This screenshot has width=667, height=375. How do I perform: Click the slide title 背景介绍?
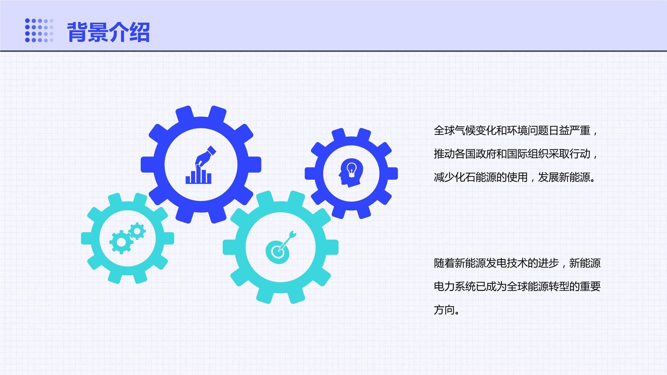click(x=108, y=32)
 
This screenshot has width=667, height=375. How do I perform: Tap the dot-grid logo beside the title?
click(x=39, y=30)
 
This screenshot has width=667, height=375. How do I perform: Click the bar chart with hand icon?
click(x=199, y=165)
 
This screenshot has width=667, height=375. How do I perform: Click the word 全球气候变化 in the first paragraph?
click(x=465, y=130)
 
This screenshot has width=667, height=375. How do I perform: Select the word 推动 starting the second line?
click(x=444, y=154)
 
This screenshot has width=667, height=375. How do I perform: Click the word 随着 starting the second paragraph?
click(x=444, y=263)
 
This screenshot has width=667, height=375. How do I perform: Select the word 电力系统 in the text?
click(x=455, y=286)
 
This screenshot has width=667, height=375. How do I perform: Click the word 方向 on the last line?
click(x=444, y=310)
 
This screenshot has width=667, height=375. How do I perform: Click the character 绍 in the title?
click(x=139, y=32)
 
